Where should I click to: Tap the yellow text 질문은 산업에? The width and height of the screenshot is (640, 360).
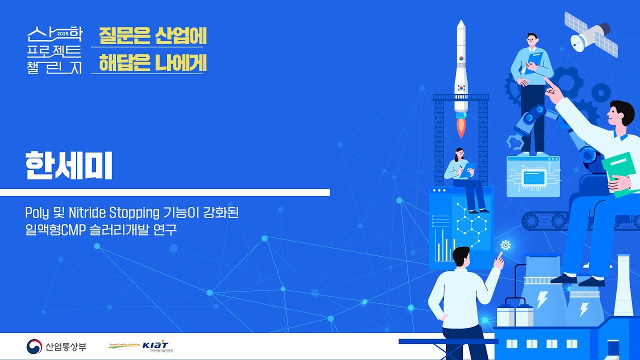[152, 35]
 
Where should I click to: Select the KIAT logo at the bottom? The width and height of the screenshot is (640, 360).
[155, 345]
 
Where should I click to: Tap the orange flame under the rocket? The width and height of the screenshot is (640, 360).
[461, 127]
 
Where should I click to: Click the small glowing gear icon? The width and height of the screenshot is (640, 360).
[505, 245]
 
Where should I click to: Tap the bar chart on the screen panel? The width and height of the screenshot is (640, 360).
[443, 245]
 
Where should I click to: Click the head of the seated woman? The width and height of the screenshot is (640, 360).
[459, 153]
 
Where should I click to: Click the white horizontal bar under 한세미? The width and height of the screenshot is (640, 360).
[165, 192]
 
